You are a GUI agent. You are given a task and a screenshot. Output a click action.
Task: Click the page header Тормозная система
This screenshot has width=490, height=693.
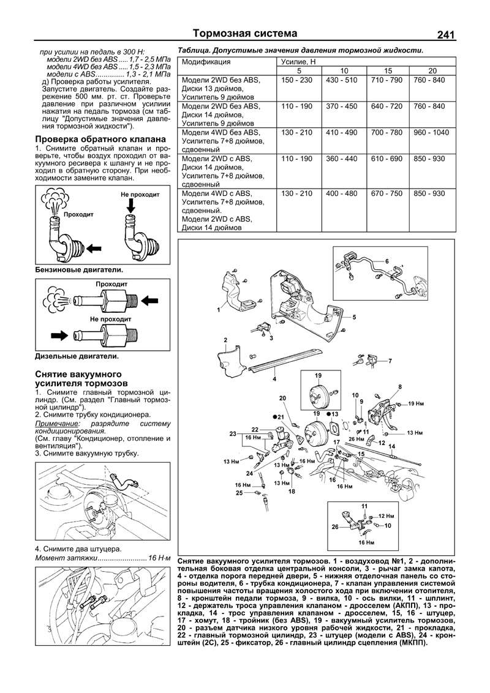[245, 33]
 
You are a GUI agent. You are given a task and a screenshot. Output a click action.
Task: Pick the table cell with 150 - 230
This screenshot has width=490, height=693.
[296, 80]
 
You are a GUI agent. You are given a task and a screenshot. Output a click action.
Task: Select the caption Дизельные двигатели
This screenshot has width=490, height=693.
[77, 356]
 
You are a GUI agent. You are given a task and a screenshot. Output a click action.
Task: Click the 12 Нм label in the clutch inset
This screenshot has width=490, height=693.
[386, 516]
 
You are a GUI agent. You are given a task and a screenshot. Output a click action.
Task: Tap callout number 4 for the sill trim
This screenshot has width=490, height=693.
[274, 379]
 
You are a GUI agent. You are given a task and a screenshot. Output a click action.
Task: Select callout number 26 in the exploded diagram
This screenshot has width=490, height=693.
[335, 526]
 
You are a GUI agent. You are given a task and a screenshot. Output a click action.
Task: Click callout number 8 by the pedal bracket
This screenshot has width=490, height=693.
[400, 386]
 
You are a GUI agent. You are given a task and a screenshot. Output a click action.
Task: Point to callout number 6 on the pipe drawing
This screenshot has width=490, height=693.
[387, 261]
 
